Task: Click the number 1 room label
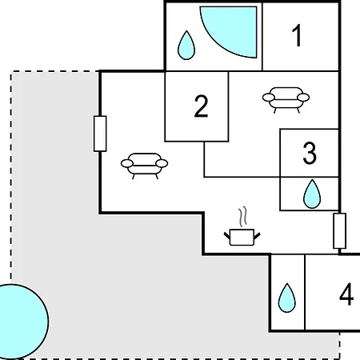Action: [x=297, y=35]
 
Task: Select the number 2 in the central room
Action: [x=201, y=106]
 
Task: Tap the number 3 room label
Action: [x=310, y=153]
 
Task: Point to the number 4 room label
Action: [x=346, y=294]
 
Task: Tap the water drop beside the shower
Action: [x=186, y=46]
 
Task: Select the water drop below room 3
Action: [x=312, y=194]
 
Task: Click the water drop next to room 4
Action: [x=287, y=298]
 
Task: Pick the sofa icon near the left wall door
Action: [x=144, y=166]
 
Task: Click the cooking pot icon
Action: [x=242, y=237]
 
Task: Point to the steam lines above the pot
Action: [x=242, y=217]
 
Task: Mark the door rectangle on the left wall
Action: [x=100, y=134]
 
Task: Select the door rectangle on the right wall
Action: [x=340, y=231]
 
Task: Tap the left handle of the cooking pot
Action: [x=227, y=235]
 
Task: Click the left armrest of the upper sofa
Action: [x=269, y=98]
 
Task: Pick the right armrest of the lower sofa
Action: [x=162, y=163]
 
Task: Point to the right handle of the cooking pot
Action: [x=257, y=235]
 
